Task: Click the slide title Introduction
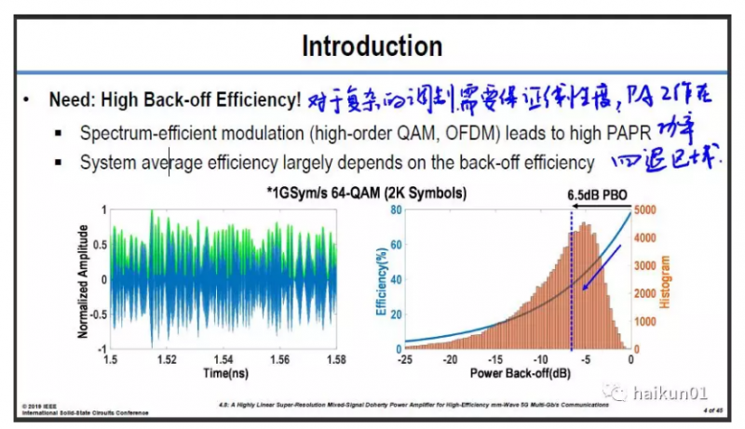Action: tap(372, 46)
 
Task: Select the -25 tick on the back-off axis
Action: tap(405, 359)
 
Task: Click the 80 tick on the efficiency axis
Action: tap(396, 210)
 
